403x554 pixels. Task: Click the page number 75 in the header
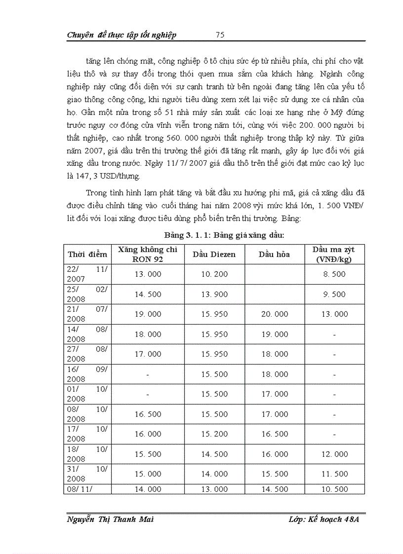220,35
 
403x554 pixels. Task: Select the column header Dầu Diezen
214,254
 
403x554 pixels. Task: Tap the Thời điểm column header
87,254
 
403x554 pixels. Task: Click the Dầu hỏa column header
274,254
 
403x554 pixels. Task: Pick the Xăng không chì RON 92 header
148,254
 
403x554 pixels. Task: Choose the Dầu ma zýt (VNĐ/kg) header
334,254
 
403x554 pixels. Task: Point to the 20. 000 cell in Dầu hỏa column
274,314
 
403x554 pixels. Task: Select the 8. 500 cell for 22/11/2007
334,274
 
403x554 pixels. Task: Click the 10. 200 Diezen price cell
214,274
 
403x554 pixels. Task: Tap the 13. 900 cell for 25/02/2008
214,295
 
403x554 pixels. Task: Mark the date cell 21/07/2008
87,314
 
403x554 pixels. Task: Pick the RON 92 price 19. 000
148,314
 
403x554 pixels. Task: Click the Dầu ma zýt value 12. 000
334,454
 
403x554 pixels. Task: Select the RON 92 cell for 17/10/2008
148,434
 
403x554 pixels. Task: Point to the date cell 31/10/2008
87,474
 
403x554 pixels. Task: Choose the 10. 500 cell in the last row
334,489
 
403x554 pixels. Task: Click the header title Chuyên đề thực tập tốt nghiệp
121,35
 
